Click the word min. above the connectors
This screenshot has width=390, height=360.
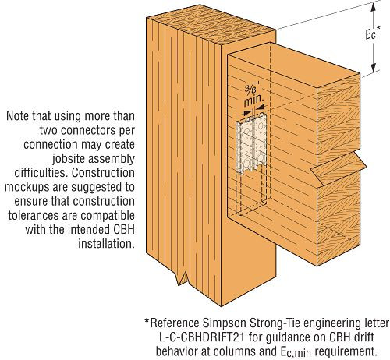click(253, 101)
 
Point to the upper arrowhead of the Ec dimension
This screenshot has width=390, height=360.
click(374, 8)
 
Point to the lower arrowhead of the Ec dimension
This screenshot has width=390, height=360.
click(374, 67)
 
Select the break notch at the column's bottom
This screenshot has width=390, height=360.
click(183, 278)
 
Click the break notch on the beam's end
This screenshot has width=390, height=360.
click(339, 169)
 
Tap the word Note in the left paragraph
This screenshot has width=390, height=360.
click(18, 116)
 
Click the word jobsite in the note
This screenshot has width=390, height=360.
click(67, 159)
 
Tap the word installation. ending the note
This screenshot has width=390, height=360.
click(106, 244)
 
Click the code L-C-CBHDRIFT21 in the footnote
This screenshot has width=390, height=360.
click(202, 337)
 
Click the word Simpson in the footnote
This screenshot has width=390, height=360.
click(224, 324)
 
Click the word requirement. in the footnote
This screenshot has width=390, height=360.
click(346, 352)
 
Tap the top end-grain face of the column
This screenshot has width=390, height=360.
click(211, 25)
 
